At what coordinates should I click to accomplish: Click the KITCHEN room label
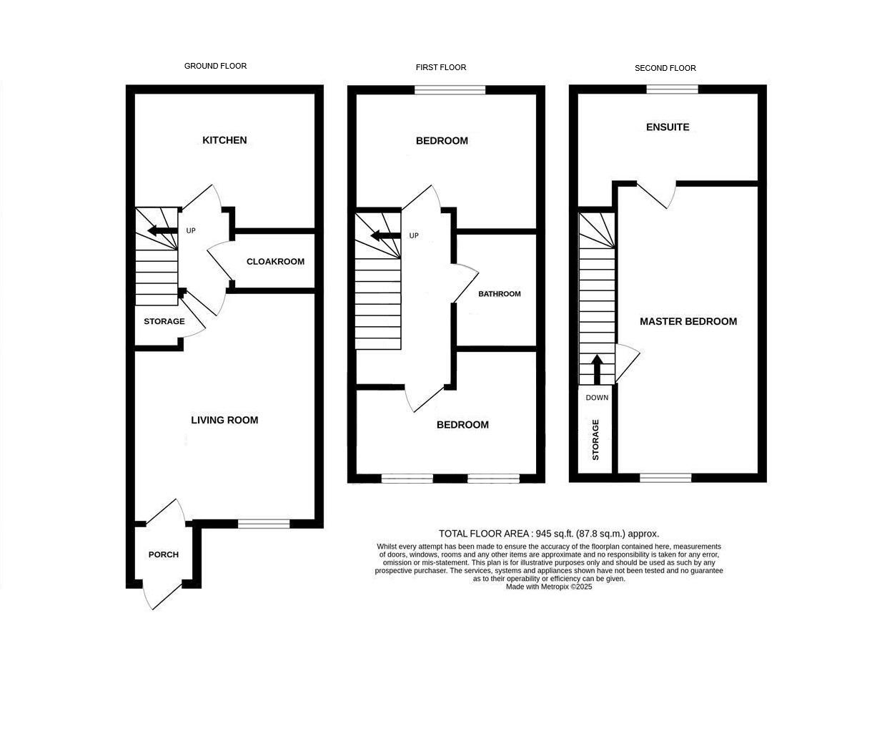(x=224, y=140)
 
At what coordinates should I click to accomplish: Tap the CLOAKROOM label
(x=276, y=262)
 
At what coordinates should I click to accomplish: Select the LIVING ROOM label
(x=224, y=420)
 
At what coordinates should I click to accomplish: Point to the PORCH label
(x=164, y=554)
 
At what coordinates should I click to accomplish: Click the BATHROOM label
(x=500, y=294)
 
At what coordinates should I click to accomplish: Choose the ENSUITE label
(x=668, y=127)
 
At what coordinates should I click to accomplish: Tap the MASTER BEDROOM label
(x=688, y=321)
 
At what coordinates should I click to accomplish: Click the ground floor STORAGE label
(x=164, y=321)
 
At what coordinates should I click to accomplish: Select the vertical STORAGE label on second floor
(x=595, y=439)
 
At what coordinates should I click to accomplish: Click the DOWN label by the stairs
(x=597, y=398)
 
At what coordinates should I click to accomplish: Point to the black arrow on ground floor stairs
(x=162, y=231)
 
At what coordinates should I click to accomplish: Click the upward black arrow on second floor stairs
(x=597, y=369)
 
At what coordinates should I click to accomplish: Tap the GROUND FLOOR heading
(x=215, y=66)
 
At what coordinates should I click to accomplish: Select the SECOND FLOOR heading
(x=665, y=68)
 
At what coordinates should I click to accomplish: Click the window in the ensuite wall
(x=673, y=89)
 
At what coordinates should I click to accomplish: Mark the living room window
(x=264, y=524)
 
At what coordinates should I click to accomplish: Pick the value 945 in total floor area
(x=543, y=534)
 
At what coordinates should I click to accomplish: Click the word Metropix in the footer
(x=555, y=587)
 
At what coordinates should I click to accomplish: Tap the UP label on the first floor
(x=414, y=235)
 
